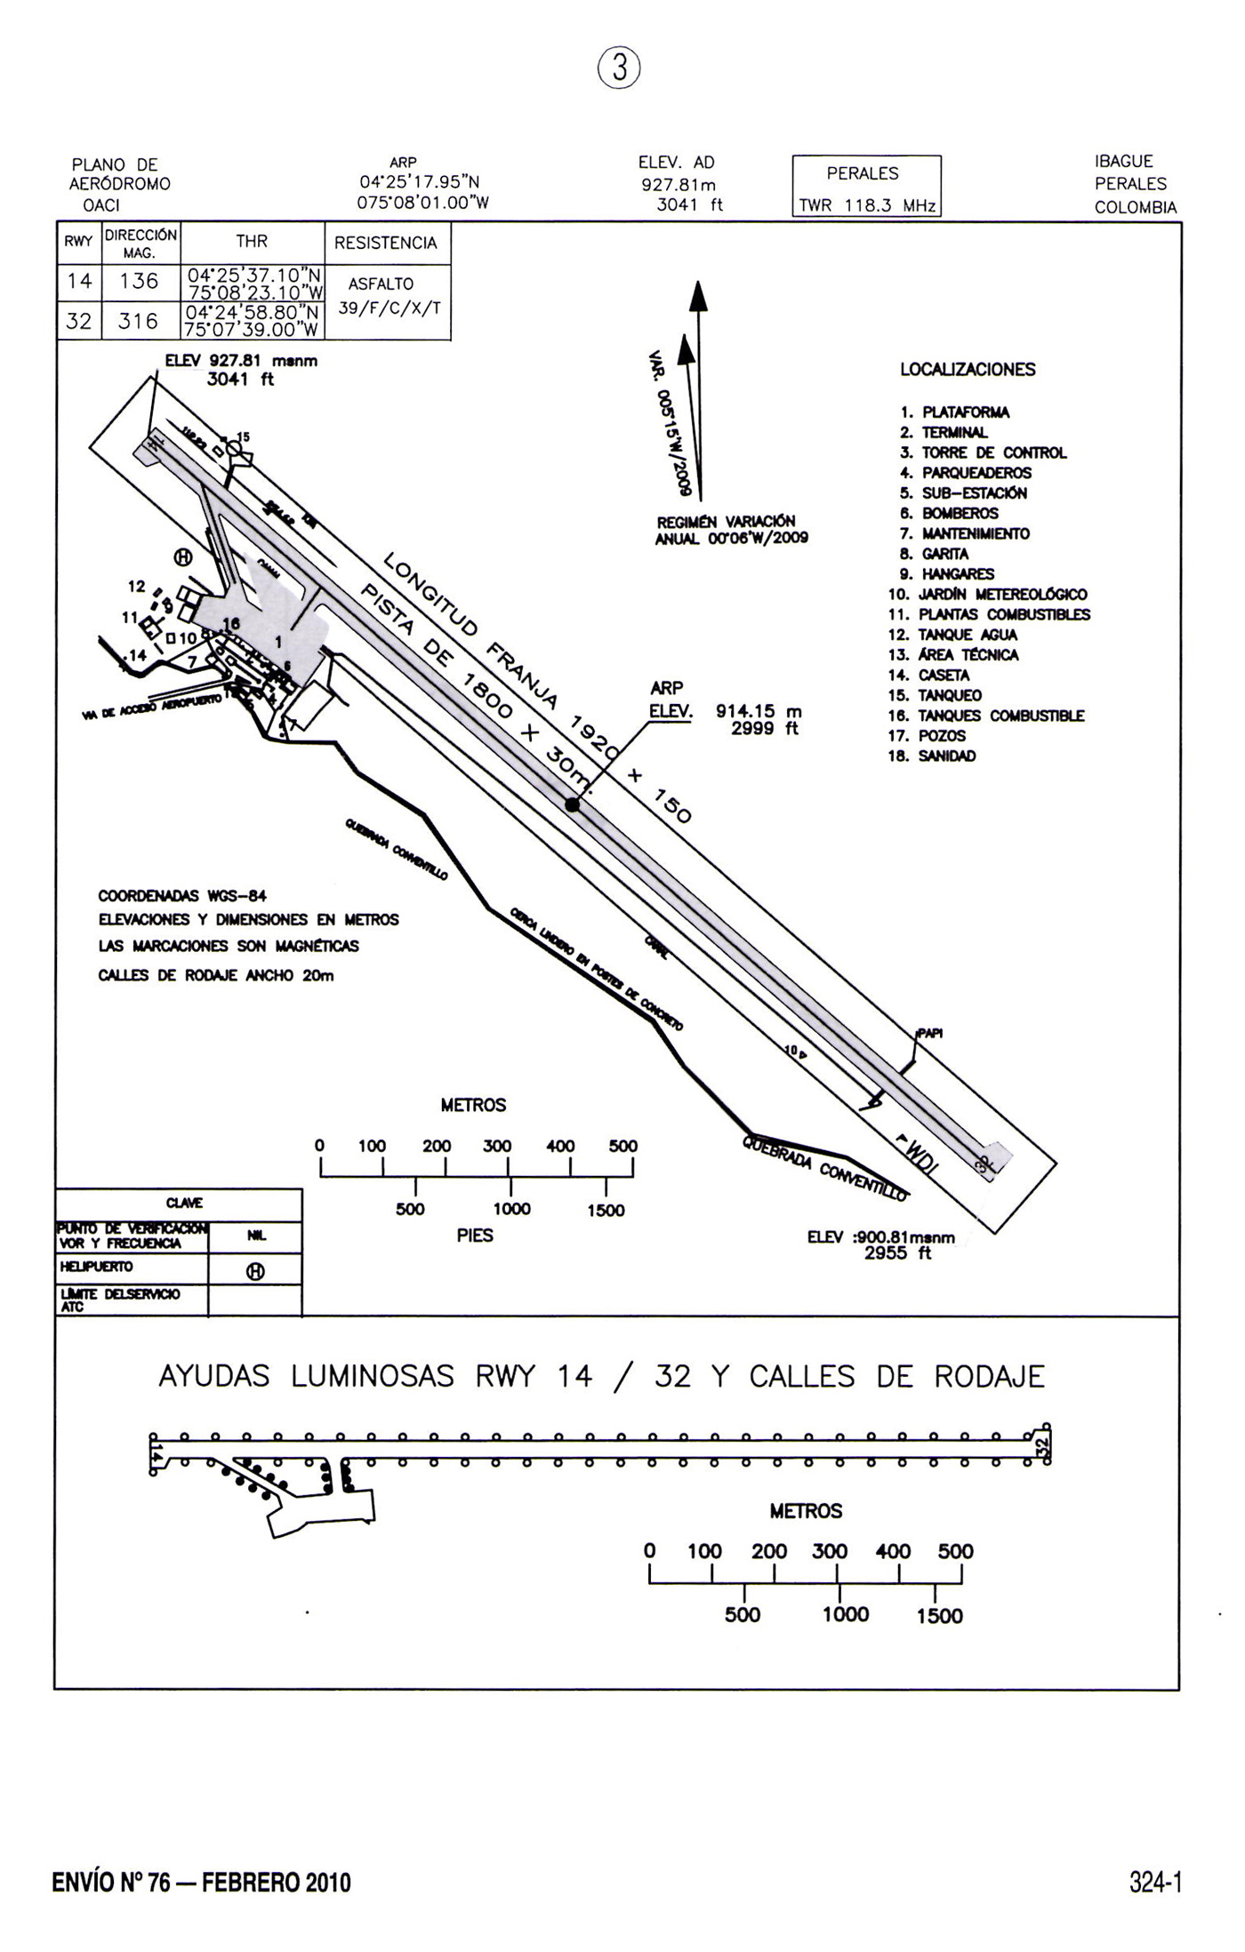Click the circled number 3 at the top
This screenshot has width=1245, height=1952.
(x=619, y=68)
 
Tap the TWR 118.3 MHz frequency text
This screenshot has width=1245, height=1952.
(x=866, y=205)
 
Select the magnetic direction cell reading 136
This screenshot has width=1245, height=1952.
(x=139, y=282)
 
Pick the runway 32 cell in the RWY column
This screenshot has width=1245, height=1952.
(x=79, y=321)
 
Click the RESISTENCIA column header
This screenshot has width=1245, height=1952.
(x=386, y=244)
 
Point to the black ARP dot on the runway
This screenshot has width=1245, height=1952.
(x=573, y=804)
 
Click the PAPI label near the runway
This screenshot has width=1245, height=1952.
(x=929, y=1033)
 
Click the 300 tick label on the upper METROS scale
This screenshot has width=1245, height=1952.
(x=497, y=1146)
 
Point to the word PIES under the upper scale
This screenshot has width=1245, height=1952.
(x=475, y=1235)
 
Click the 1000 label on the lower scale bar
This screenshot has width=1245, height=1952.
(x=846, y=1614)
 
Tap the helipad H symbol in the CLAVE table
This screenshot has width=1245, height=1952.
(x=254, y=1272)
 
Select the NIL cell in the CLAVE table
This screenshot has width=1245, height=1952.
(x=254, y=1236)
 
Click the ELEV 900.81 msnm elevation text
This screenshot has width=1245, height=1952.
(x=880, y=1237)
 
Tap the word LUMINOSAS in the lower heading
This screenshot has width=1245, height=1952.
(x=373, y=1377)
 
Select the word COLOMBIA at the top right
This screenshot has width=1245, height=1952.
(x=1136, y=207)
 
